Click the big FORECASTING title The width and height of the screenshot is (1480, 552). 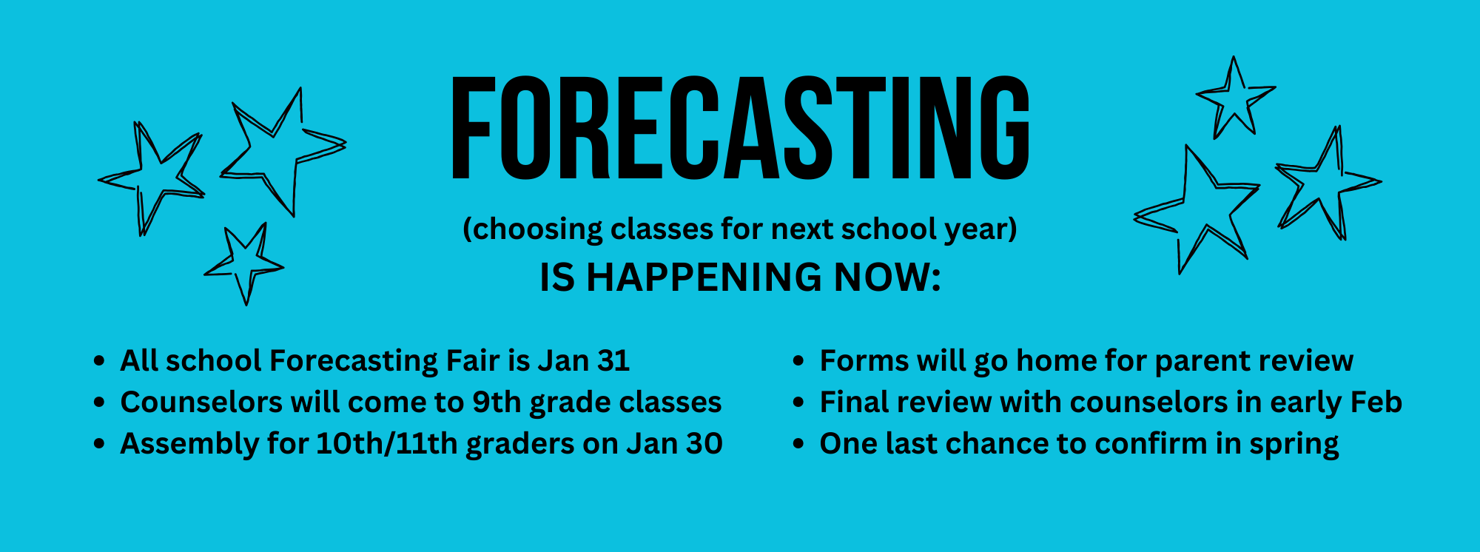pyautogui.click(x=740, y=127)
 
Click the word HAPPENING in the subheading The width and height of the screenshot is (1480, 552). pyautogui.click(x=704, y=277)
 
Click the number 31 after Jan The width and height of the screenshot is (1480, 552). pyautogui.click(x=613, y=361)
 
